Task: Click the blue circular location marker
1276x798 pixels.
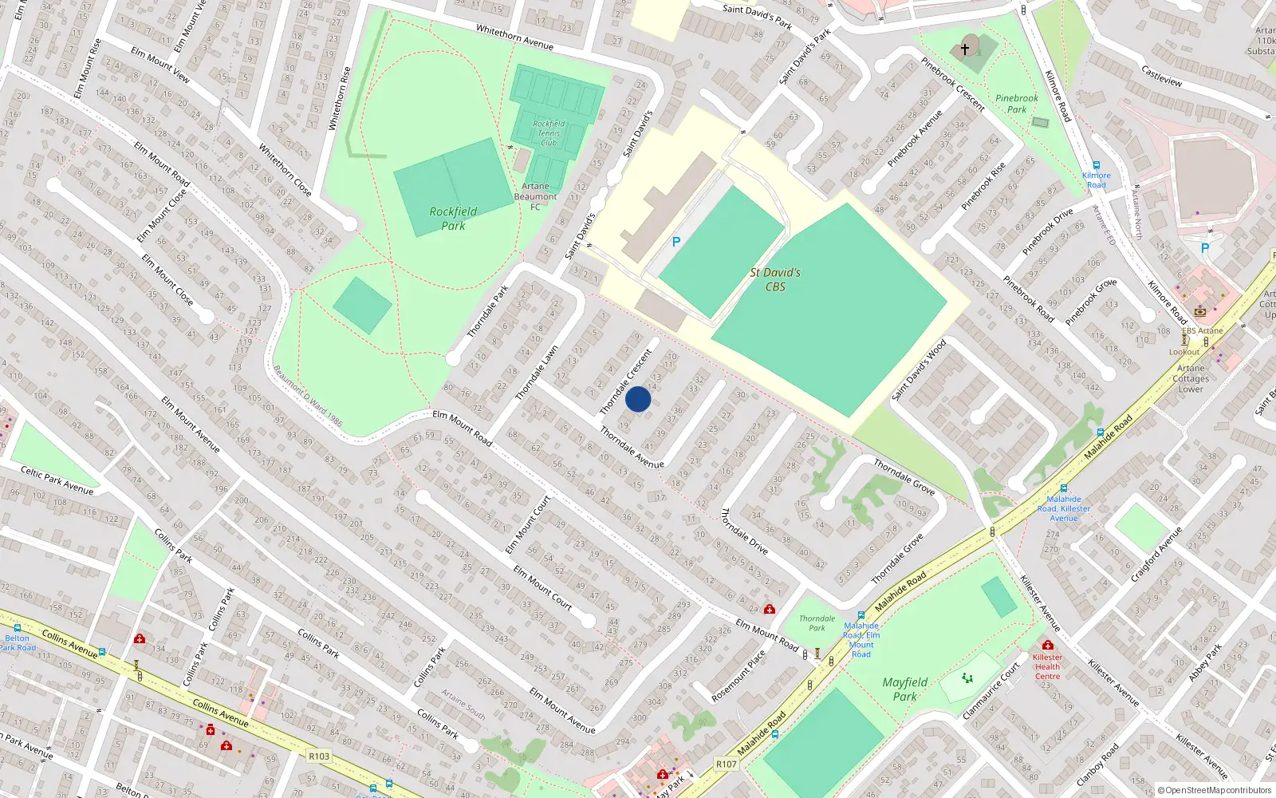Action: [x=638, y=399]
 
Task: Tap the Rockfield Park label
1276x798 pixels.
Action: [x=453, y=219]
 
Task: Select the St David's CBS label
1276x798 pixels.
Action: [x=775, y=279]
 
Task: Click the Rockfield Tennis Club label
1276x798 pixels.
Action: [x=549, y=133]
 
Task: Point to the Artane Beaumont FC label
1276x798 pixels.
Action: [x=535, y=196]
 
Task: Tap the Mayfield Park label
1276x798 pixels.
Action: [x=905, y=689]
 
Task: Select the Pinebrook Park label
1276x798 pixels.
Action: [x=1017, y=104]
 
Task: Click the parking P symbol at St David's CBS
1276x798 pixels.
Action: [x=676, y=242]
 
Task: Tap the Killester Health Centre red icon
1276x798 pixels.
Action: [x=1047, y=645]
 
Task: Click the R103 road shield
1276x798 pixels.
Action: [x=319, y=756]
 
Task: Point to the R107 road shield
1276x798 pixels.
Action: [x=727, y=764]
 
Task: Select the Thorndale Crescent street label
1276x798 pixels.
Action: [x=626, y=381]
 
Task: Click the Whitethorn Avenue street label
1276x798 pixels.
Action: [x=514, y=37]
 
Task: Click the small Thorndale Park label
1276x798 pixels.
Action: [x=817, y=623]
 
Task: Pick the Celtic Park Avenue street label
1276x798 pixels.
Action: [x=57, y=480]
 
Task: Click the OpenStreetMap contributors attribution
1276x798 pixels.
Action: [x=1214, y=790]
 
